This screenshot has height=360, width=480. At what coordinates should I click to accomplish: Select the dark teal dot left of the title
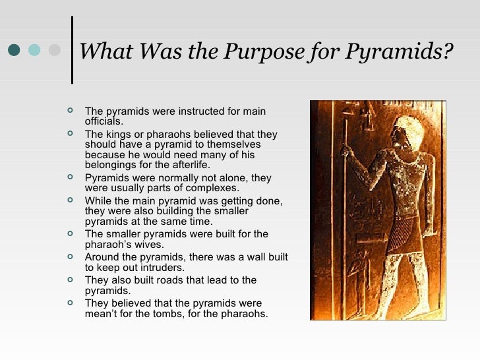coord(13,50)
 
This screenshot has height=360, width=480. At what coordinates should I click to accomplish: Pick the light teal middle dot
coord(34,50)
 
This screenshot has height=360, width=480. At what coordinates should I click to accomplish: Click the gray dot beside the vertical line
coord(55,50)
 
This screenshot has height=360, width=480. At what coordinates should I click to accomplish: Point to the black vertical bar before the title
coord(71,50)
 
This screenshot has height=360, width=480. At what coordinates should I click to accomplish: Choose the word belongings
coord(111,165)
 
